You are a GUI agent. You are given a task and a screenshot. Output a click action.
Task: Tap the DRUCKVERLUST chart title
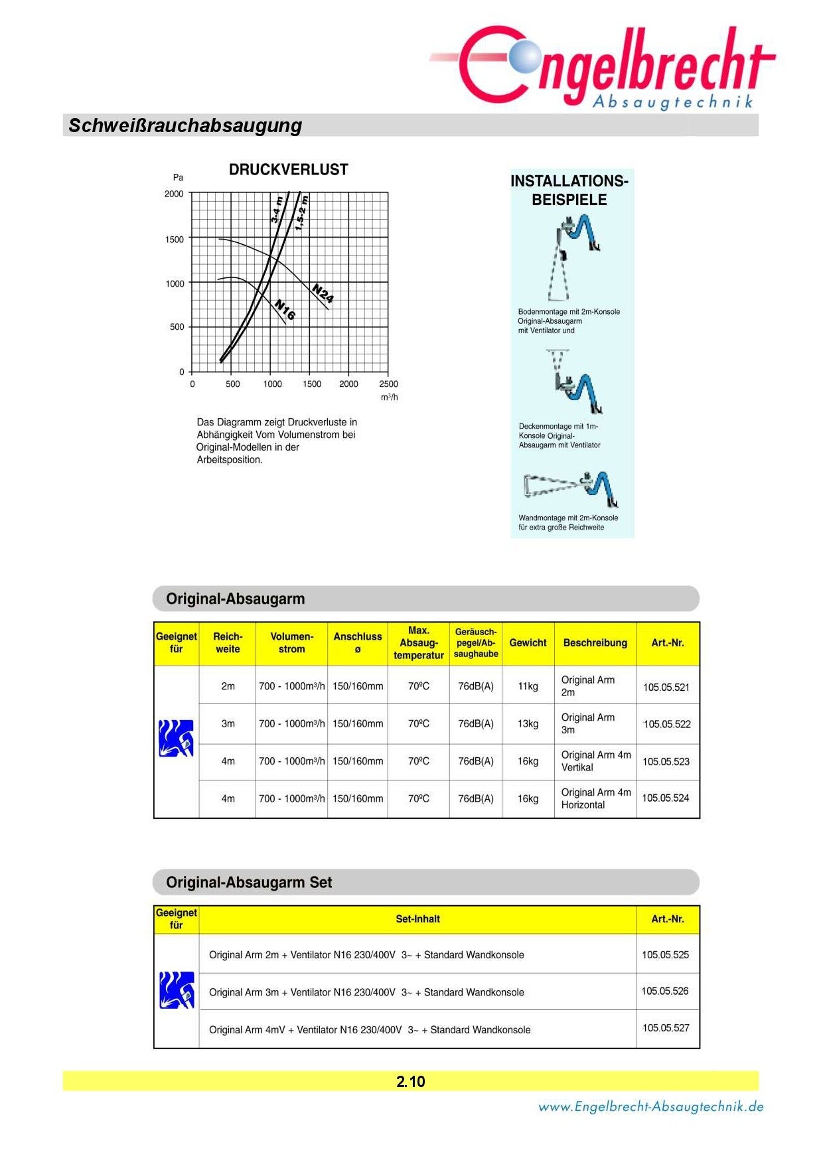tap(288, 170)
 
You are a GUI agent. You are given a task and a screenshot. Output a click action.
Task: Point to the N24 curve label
tap(323, 293)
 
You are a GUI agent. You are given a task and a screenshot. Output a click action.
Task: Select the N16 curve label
tap(285, 310)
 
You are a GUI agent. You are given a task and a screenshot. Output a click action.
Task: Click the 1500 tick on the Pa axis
tap(175, 240)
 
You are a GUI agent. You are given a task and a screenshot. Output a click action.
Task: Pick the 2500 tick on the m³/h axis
tap(388, 384)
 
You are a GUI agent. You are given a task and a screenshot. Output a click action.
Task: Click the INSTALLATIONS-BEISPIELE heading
tap(569, 190)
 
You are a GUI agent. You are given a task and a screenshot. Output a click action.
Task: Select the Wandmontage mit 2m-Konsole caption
tap(567, 522)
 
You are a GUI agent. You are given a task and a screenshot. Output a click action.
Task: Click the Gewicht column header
tap(528, 643)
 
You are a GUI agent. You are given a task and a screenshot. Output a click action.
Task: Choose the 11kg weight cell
tap(528, 686)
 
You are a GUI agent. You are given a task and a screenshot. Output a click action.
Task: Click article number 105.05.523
tap(666, 762)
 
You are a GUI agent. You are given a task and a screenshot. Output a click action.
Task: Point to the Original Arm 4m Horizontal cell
tap(595, 798)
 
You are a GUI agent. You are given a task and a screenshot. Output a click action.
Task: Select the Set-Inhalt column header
tap(417, 919)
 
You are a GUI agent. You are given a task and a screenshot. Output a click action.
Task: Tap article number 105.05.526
tap(665, 991)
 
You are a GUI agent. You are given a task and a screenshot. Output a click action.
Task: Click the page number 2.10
tap(411, 1082)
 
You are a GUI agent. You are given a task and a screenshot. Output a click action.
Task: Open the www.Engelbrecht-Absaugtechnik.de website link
tap(650, 1107)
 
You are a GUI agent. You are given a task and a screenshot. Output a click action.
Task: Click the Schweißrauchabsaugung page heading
tap(185, 125)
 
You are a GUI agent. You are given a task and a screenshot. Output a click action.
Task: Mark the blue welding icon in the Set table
tap(177, 990)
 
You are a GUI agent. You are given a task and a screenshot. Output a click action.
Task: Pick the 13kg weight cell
tap(528, 724)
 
